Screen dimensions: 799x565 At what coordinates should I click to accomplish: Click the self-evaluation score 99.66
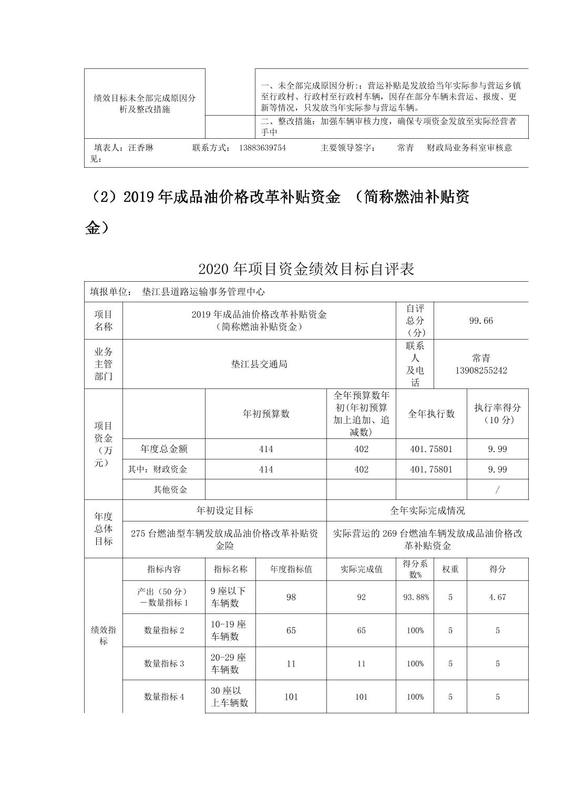tap(481, 321)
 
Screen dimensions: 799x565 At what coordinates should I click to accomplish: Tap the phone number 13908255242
tap(481, 371)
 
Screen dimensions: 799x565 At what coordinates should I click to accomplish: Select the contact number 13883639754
tap(262, 148)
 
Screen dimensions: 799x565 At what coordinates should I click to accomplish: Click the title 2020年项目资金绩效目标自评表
tap(306, 269)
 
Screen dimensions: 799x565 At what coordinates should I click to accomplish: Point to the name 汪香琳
tap(141, 148)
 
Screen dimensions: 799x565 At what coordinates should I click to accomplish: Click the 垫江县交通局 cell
tap(259, 364)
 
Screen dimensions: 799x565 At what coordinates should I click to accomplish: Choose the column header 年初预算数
tap(266, 414)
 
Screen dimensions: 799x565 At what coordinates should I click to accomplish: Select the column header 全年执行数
tap(431, 414)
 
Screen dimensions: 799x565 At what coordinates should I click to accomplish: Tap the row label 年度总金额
tap(164, 449)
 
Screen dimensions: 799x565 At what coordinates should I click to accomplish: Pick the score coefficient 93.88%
tap(415, 597)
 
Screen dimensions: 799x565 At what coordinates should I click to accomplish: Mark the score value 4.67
tap(497, 597)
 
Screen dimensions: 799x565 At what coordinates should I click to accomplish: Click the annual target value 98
tap(291, 597)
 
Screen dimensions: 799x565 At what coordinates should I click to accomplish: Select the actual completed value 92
tap(361, 597)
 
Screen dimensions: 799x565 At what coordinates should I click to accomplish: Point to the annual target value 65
tap(291, 630)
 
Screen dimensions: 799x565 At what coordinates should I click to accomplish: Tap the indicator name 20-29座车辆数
tap(229, 663)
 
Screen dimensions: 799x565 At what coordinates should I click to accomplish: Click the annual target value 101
tap(291, 697)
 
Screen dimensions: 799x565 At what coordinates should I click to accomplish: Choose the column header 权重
tap(450, 569)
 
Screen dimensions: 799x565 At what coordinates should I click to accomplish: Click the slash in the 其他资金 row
tap(497, 489)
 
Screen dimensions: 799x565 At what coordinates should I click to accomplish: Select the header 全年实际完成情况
tap(427, 510)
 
